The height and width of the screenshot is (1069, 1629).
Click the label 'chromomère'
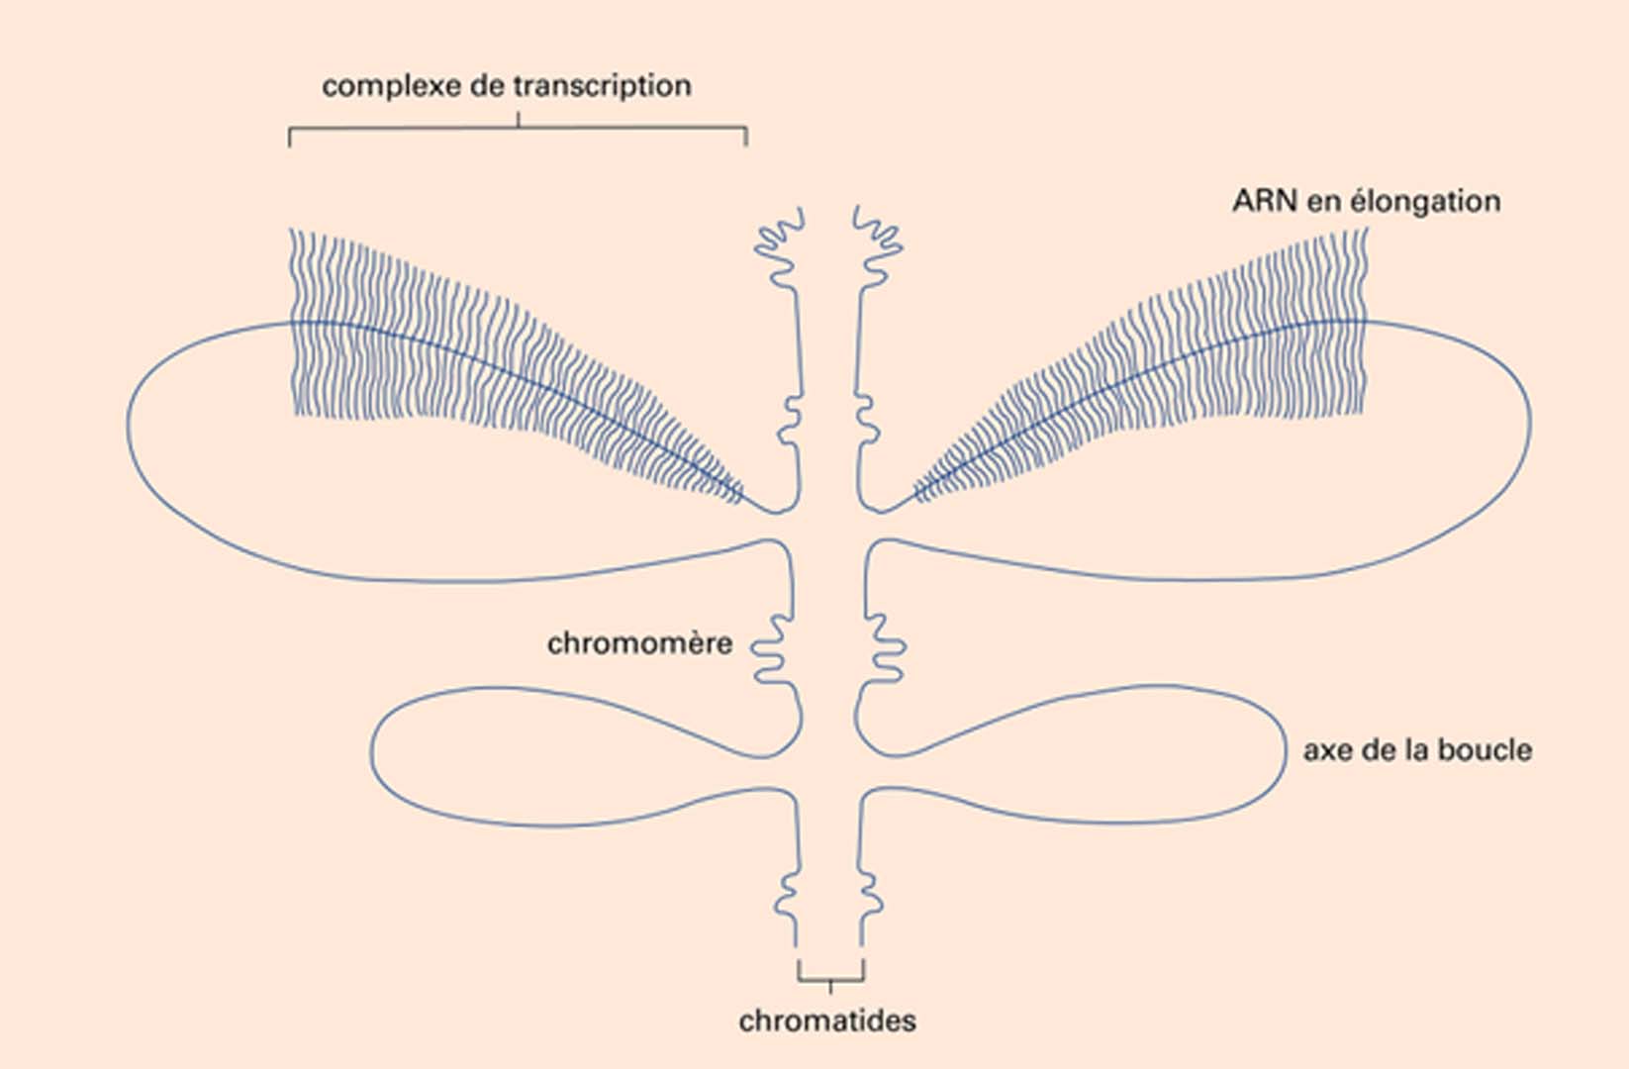coord(639,643)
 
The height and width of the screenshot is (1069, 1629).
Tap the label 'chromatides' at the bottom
coord(827,1020)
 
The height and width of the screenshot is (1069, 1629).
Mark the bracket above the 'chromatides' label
coord(830,979)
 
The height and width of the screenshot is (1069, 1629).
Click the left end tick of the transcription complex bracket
coord(290,138)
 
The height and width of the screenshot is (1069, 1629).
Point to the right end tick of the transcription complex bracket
coord(746,138)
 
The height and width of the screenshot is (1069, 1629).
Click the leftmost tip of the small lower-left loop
coord(373,754)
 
